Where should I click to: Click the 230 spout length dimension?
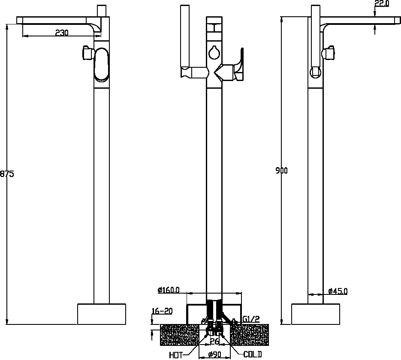pyautogui.click(x=62, y=33)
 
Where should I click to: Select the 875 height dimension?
pyautogui.click(x=7, y=174)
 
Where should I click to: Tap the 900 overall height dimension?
pyautogui.click(x=282, y=171)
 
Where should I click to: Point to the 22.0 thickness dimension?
pyautogui.click(x=382, y=3)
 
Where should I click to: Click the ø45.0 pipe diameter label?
pyautogui.click(x=338, y=291)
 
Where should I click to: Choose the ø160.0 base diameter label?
pyautogui.click(x=169, y=290)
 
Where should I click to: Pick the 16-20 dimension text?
pyautogui.click(x=162, y=311)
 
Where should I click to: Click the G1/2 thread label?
pyautogui.click(x=251, y=319)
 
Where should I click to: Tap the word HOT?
pyautogui.click(x=176, y=355)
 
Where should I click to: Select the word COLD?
pyautogui.click(x=253, y=354)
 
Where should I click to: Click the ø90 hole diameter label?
pyautogui.click(x=214, y=354)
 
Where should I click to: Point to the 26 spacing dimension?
pyautogui.click(x=214, y=341)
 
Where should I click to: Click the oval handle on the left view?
pyautogui.click(x=102, y=65)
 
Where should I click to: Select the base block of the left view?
pyautogui.click(x=102, y=314)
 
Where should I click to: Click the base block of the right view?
pyautogui.click(x=316, y=314)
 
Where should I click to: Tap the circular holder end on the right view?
pyautogui.click(x=315, y=72)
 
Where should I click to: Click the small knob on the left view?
pyautogui.click(x=87, y=53)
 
